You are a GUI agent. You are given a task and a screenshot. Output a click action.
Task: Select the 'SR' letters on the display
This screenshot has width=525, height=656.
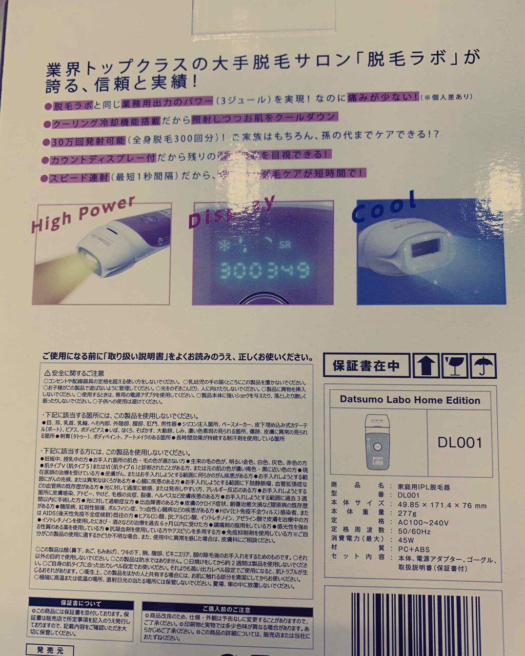coord(285,245)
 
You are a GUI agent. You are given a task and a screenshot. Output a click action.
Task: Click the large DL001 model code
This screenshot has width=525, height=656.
coord(460,443)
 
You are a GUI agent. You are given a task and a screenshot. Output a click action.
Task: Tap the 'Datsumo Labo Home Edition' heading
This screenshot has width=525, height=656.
coord(410,400)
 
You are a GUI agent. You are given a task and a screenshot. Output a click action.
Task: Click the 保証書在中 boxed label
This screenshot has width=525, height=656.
coord(366,366)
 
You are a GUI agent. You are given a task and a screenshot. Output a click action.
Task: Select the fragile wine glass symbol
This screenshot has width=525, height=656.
coord(453,366)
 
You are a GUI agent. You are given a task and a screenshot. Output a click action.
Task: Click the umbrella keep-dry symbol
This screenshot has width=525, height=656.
coord(481,366)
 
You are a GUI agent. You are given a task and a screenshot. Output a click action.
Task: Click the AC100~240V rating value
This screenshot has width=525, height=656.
coord(423,523)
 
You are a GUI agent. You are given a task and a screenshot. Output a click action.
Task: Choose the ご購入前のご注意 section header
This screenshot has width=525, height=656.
coord(226,609)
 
